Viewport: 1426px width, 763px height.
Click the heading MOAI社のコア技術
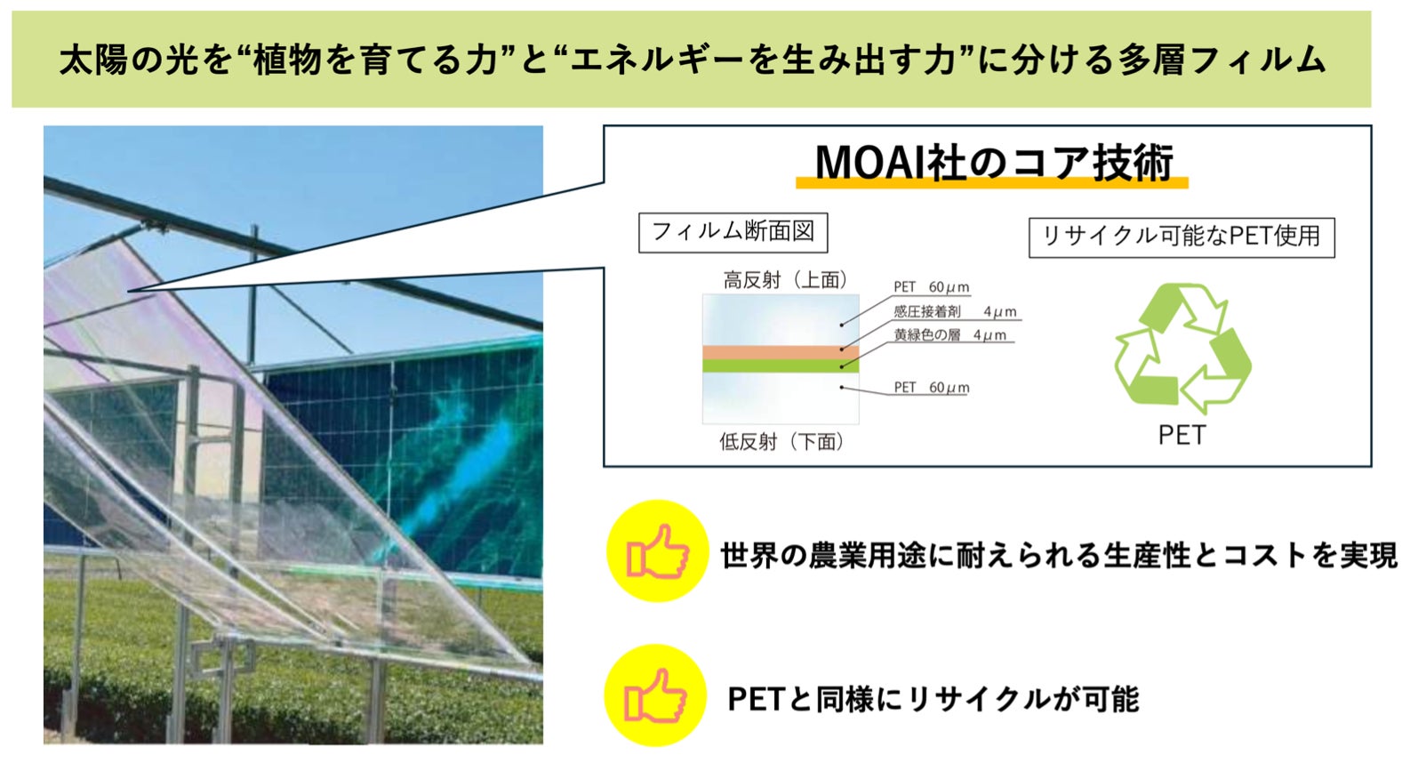994,162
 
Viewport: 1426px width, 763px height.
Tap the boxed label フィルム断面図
733,232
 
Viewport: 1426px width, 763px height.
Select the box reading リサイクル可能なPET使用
1182,237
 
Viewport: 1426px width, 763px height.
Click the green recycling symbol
1182,349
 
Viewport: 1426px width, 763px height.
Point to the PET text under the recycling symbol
1182,436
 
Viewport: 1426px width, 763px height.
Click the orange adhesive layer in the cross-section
781,352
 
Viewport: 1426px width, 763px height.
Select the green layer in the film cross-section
781,365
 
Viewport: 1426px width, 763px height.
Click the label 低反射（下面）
781,441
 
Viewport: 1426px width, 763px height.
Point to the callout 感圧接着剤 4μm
955,312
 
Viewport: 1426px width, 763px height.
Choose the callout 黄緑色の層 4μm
949,335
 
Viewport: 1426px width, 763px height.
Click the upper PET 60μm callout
932,287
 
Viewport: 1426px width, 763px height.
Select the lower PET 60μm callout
932,387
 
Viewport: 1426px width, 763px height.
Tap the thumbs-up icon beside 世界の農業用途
658,551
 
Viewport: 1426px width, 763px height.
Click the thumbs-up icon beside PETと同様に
655,695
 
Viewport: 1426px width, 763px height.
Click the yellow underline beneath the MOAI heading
992,184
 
